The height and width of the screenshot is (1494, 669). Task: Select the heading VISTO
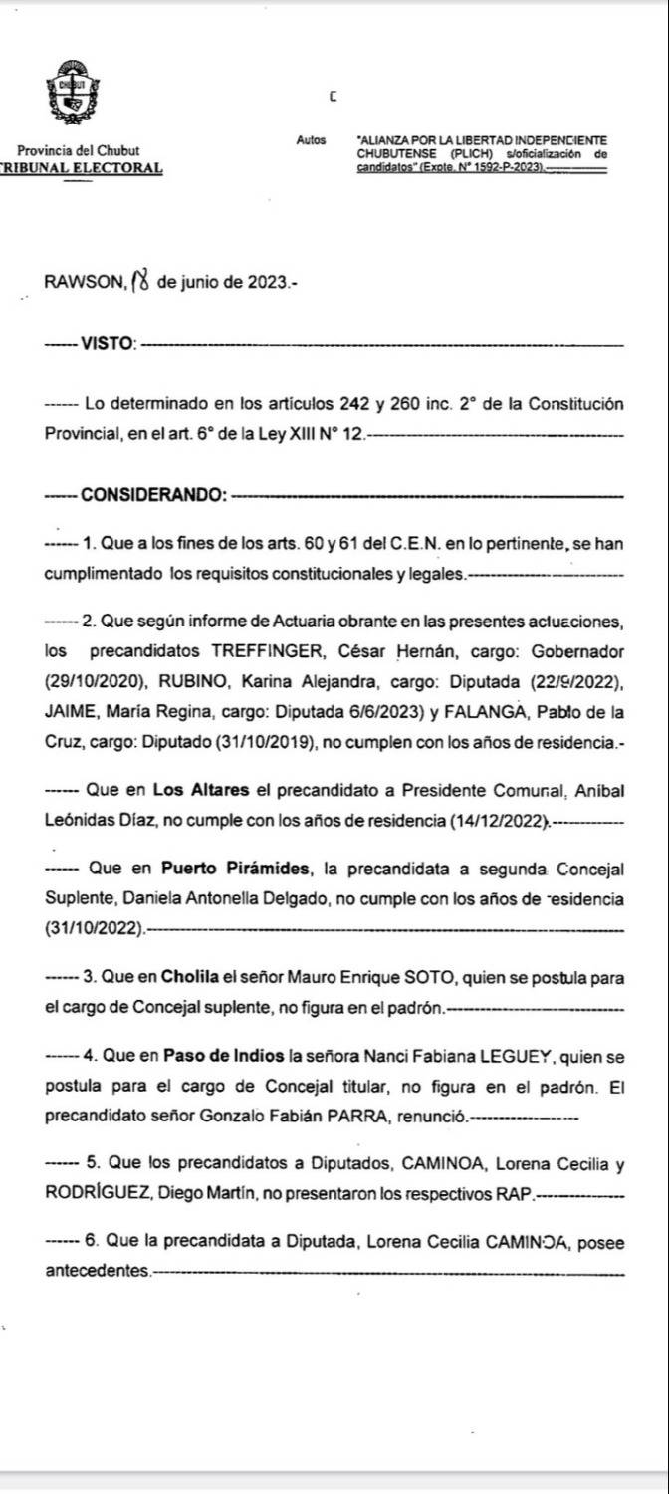(x=108, y=344)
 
